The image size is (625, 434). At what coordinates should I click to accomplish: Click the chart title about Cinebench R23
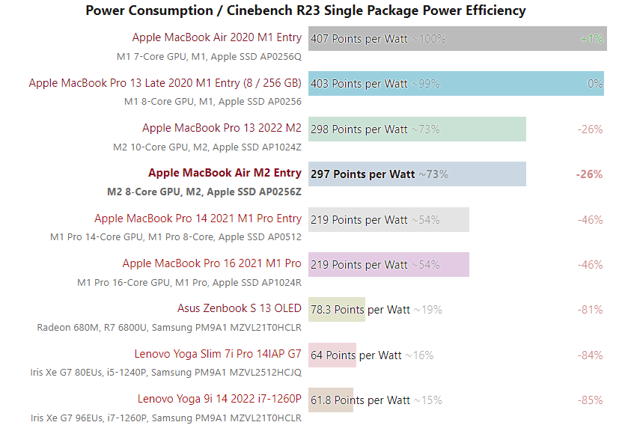tap(305, 10)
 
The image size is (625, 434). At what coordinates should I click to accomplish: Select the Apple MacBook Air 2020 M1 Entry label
tap(217, 37)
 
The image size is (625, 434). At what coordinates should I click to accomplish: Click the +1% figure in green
tap(591, 39)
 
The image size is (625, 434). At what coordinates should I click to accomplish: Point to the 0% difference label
tap(595, 84)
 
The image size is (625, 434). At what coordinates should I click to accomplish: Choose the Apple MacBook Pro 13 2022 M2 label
tap(222, 128)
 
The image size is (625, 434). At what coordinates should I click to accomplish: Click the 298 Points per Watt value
tap(359, 129)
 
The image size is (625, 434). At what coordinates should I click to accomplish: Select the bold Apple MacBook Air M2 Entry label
tap(225, 173)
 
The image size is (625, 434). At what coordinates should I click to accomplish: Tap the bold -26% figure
tap(589, 174)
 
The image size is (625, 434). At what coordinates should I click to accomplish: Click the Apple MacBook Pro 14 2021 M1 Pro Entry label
tap(198, 218)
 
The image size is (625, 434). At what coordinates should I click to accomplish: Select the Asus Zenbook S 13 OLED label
tap(240, 308)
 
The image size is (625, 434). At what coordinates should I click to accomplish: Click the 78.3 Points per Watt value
tap(360, 310)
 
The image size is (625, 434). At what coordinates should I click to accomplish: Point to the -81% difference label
tap(590, 310)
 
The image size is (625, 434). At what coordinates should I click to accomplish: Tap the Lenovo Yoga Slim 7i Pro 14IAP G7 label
tap(218, 354)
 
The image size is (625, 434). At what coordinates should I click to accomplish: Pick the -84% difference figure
tap(590, 355)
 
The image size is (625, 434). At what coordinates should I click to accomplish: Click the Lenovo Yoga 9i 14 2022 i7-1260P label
tap(219, 399)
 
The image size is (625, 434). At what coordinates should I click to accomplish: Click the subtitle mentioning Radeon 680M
tap(169, 327)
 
